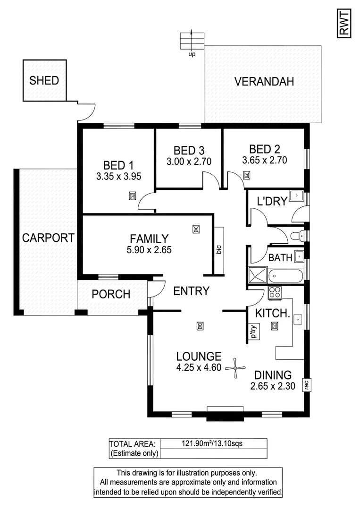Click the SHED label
coord(44,80)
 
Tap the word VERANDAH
coord(264,81)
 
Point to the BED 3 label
coord(188,151)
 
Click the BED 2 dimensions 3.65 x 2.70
coord(265,160)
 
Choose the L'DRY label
coord(272,202)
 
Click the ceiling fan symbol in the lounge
coord(235,367)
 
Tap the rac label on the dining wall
coord(306,385)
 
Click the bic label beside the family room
coord(218,249)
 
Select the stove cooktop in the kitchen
coord(274,293)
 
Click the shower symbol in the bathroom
coord(258,275)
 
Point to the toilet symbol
coord(295,235)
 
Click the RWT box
coord(343,23)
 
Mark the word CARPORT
coord(48,238)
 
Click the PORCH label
coord(111,294)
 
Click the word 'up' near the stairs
coord(192,54)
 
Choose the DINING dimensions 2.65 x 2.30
coord(273,386)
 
